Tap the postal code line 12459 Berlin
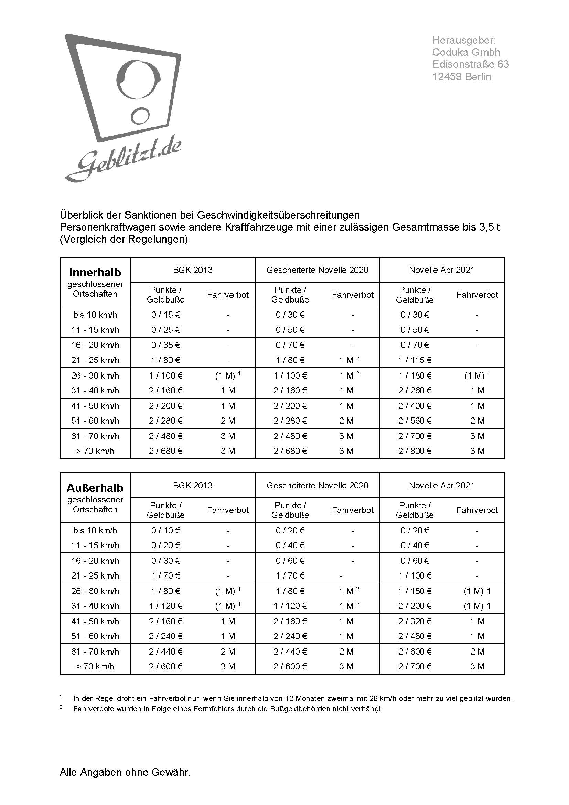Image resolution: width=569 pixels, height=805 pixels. [461, 77]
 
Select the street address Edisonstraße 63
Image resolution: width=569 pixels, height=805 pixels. [470, 64]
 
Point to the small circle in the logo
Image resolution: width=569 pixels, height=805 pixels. [140, 115]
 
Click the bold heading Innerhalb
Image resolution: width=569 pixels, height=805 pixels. [95, 273]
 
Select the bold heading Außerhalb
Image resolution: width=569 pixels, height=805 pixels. [95, 488]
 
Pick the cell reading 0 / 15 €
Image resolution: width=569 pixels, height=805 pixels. [165, 315]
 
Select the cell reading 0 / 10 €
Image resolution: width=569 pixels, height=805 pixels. [165, 530]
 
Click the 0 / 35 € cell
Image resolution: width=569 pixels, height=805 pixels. [165, 345]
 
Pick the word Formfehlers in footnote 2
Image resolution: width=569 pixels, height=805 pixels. [155, 709]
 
